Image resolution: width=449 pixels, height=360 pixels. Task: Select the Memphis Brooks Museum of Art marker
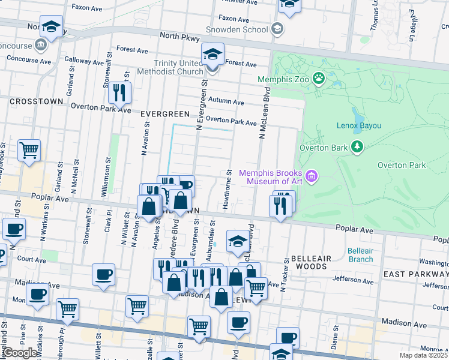[x=312, y=176]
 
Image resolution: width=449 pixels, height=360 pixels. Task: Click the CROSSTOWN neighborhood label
[x=36, y=101]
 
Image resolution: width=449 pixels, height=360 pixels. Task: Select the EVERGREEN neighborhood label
[x=165, y=113]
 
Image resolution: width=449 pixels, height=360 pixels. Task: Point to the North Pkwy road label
[x=181, y=37]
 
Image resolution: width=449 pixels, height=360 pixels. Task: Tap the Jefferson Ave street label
[x=352, y=279]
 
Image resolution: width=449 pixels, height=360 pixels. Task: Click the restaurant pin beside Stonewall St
[x=121, y=92]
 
